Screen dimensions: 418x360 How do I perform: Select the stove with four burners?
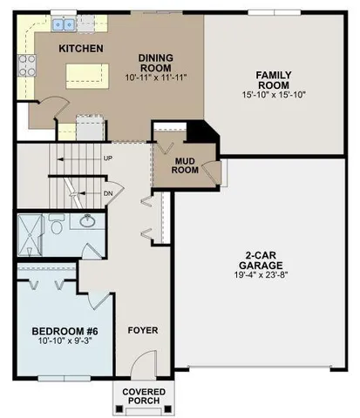point(26,63)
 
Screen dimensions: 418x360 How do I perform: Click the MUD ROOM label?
point(185,165)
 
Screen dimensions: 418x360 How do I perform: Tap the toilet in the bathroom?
point(57,227)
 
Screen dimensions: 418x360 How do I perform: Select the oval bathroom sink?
point(87,222)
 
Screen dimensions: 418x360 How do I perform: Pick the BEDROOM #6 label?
point(63,332)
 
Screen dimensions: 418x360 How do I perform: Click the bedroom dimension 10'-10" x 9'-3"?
point(63,344)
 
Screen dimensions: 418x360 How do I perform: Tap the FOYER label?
point(144,331)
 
